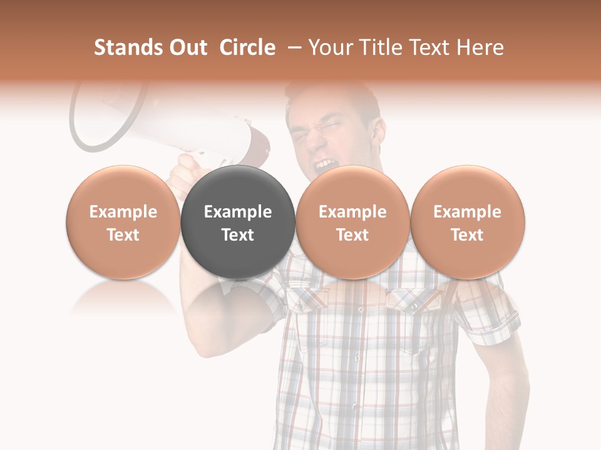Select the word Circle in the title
point(247,47)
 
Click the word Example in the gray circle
point(238,212)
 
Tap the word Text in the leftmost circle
point(123,235)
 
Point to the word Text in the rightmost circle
point(468,235)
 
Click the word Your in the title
point(329,47)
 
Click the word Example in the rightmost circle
point(468,212)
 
